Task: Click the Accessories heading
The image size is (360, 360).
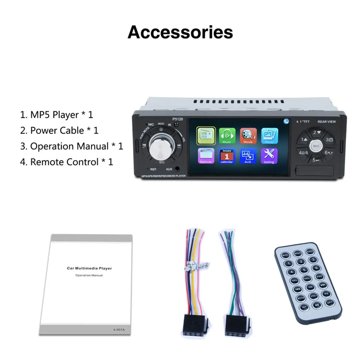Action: tap(180, 32)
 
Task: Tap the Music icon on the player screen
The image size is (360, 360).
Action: tap(227, 135)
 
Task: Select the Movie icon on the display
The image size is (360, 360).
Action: tap(248, 135)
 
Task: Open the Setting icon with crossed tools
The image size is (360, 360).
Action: tap(269, 156)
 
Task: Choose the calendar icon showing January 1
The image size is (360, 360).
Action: tap(227, 156)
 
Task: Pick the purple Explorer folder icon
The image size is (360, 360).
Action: tap(206, 156)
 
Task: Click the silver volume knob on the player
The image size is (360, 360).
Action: tap(159, 146)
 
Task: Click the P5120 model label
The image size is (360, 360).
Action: tap(177, 120)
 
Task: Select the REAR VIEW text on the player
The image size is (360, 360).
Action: tap(326, 122)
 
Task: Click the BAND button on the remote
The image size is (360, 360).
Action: tap(310, 252)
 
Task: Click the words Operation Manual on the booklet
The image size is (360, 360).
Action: tap(89, 276)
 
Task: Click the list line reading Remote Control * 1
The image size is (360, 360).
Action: tap(67, 162)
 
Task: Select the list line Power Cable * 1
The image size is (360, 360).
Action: tap(59, 130)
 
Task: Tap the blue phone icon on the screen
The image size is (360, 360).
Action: tap(286, 121)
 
